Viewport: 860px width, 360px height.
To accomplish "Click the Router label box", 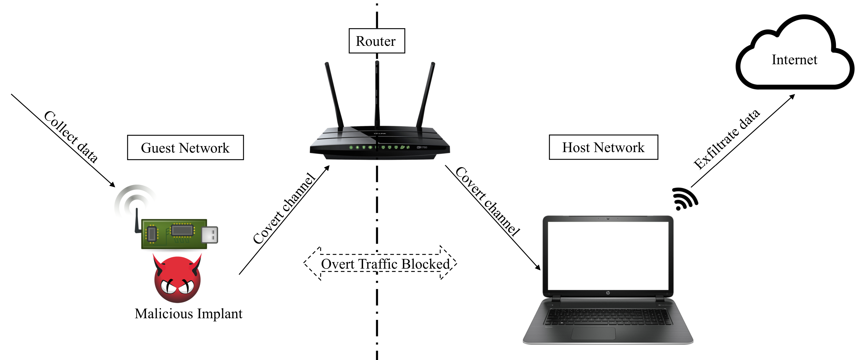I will click(377, 41).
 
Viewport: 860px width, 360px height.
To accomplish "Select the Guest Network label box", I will click(185, 148).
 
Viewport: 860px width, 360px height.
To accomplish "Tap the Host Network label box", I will click(603, 147).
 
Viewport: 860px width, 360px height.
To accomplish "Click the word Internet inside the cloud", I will click(794, 60).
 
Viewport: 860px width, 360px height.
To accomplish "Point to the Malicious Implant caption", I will click(188, 314).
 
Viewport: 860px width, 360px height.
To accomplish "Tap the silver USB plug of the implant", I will click(210, 234).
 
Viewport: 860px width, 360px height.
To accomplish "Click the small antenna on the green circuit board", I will click(137, 220).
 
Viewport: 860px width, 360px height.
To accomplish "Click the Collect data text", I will click(71, 137).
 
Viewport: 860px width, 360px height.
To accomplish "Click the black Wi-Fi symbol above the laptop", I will click(683, 199).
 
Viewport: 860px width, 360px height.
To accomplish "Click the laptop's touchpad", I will click(593, 333).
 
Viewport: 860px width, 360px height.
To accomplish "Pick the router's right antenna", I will click(425, 95).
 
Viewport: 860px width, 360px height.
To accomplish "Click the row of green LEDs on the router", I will click(379, 147).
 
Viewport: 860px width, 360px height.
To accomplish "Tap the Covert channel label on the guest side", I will click(284, 209).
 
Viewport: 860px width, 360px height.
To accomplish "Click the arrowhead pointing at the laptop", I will click(538, 267).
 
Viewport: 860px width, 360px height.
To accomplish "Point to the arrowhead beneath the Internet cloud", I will click(792, 97).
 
